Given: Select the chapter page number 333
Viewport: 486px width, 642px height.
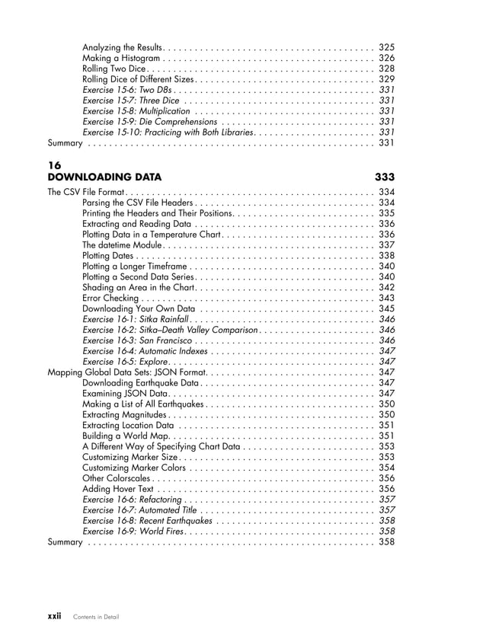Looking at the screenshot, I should (385, 177).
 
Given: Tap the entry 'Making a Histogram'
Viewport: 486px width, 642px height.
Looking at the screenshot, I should (120, 58).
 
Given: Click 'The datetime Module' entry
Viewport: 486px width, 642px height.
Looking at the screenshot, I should (122, 245).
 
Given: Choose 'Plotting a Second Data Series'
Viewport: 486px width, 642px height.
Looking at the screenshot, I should (139, 276).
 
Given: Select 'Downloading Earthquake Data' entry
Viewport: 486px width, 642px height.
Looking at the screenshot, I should (140, 382).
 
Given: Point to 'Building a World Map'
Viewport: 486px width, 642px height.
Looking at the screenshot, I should (124, 436).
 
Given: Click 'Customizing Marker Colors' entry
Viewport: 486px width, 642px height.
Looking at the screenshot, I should (133, 468).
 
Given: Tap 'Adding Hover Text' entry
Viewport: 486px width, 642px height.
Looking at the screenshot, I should (117, 489).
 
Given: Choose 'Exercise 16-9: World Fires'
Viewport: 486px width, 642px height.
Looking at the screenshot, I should (133, 531).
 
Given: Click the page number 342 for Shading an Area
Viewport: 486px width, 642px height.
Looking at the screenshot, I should (386, 287).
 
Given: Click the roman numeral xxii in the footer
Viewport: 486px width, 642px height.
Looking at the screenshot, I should (50, 615).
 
